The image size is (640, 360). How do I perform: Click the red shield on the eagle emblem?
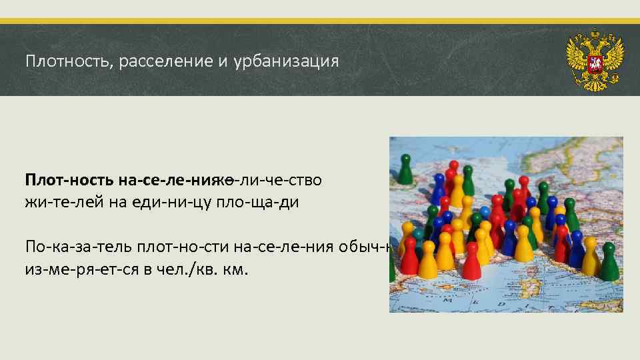pyautogui.click(x=594, y=65)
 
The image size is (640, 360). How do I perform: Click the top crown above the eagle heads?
pyautogui.click(x=595, y=33)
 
